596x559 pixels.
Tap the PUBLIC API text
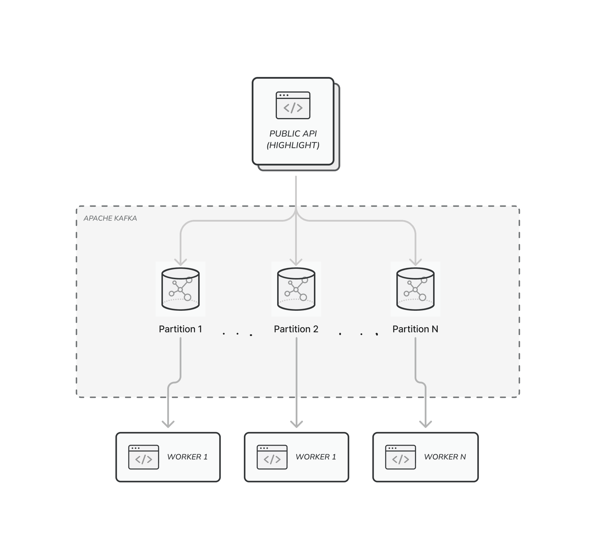coord(293,133)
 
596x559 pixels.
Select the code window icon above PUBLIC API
coord(293,105)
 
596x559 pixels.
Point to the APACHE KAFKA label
coord(110,218)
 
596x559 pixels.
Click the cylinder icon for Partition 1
coord(181,289)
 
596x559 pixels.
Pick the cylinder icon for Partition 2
coord(296,289)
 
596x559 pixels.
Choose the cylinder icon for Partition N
coord(415,289)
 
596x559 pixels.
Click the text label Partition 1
coord(181,329)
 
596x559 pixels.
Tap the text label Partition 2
coord(296,329)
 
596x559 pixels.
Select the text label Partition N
coord(415,329)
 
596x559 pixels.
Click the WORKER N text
coord(445,457)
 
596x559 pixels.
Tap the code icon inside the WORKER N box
coord(400,457)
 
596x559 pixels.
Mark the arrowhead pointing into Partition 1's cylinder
coord(181,263)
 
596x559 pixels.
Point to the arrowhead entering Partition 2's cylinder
coord(296,263)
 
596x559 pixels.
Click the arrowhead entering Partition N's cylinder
coord(415,263)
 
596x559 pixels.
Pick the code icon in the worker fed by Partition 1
coord(144,457)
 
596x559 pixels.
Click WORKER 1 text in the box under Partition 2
coord(316,457)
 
